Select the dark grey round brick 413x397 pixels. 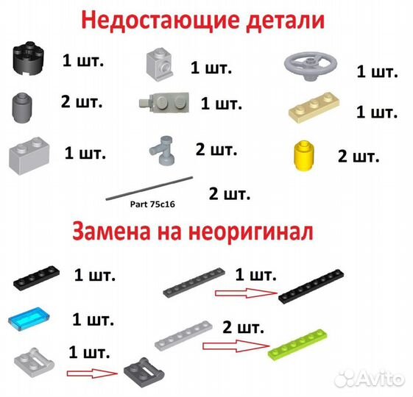24,108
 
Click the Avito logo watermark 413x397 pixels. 367,377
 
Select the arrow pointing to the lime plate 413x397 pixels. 234,343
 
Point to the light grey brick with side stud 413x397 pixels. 160,64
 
